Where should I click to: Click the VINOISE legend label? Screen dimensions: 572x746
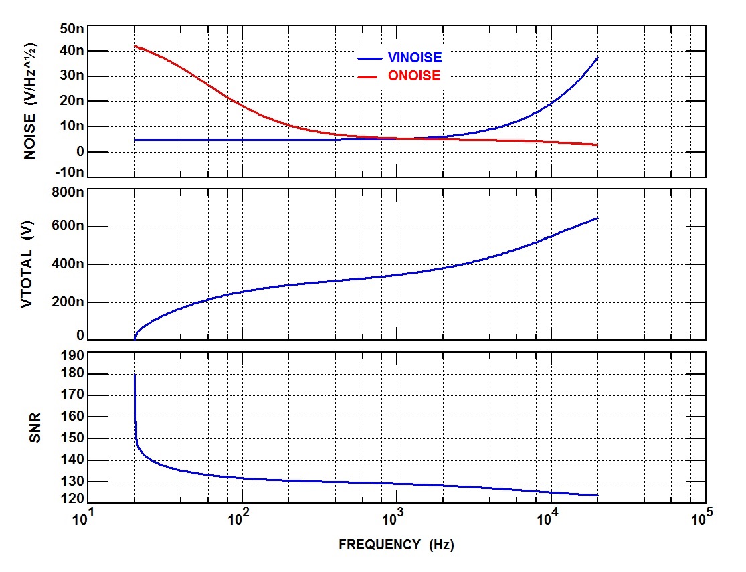[x=415, y=58]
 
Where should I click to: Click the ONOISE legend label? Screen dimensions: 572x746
[x=414, y=76]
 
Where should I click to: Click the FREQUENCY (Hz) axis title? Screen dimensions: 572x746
[x=396, y=545]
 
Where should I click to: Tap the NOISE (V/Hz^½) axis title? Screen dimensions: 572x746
[x=30, y=100]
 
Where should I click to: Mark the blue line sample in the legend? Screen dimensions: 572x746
[x=369, y=58]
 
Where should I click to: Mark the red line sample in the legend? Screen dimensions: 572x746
[x=369, y=77]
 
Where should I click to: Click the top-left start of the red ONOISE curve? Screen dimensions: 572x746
[x=135, y=46]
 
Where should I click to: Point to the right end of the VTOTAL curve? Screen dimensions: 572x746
[x=597, y=218]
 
